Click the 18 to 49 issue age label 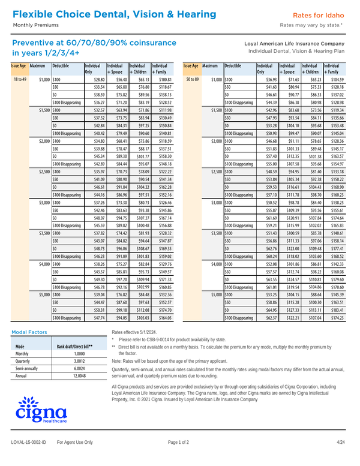19,79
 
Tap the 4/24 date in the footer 340,459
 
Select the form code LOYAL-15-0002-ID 30,459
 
